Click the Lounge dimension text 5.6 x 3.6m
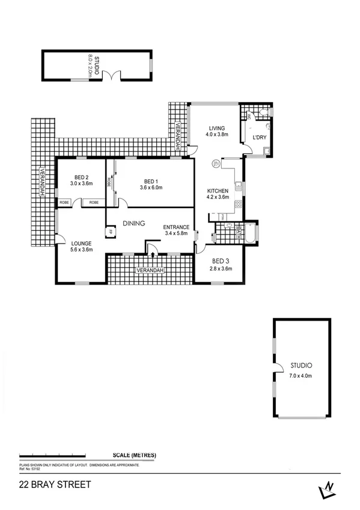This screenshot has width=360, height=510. (81, 250)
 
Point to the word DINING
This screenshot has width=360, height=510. (134, 223)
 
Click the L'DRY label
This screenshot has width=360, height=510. (259, 138)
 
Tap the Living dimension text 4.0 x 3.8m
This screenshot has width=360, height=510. (216, 135)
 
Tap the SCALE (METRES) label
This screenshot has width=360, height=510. (134, 455)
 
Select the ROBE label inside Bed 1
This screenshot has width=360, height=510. (109, 181)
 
